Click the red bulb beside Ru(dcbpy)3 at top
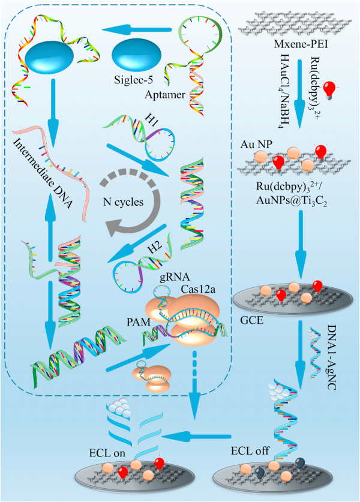346,88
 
